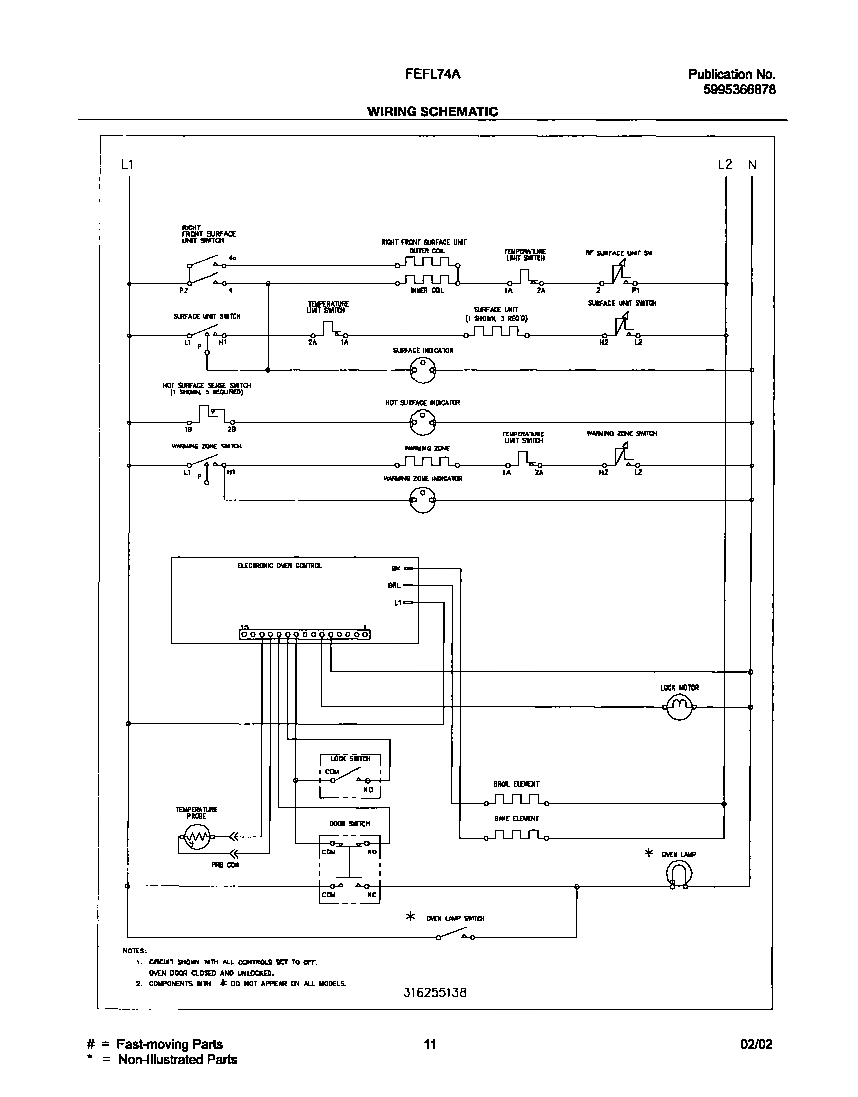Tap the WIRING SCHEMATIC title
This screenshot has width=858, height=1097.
(432, 111)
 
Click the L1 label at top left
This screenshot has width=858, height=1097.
(127, 164)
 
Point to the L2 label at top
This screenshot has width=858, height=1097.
(725, 164)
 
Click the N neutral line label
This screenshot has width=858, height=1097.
(752, 165)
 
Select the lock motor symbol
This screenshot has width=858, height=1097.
(679, 707)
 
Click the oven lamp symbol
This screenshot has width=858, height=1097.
(679, 874)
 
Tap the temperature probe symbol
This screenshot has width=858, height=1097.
(196, 838)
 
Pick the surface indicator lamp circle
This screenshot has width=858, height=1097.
(423, 370)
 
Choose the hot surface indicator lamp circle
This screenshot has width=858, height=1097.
(422, 423)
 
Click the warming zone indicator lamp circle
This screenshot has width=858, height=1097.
(422, 500)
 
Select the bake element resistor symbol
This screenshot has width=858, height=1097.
(516, 835)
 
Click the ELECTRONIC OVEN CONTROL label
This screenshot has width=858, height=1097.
(279, 566)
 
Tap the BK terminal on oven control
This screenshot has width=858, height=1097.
(408, 568)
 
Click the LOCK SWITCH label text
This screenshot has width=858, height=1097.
(350, 758)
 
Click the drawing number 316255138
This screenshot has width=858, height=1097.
(435, 992)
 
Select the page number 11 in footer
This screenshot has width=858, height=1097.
(429, 1044)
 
